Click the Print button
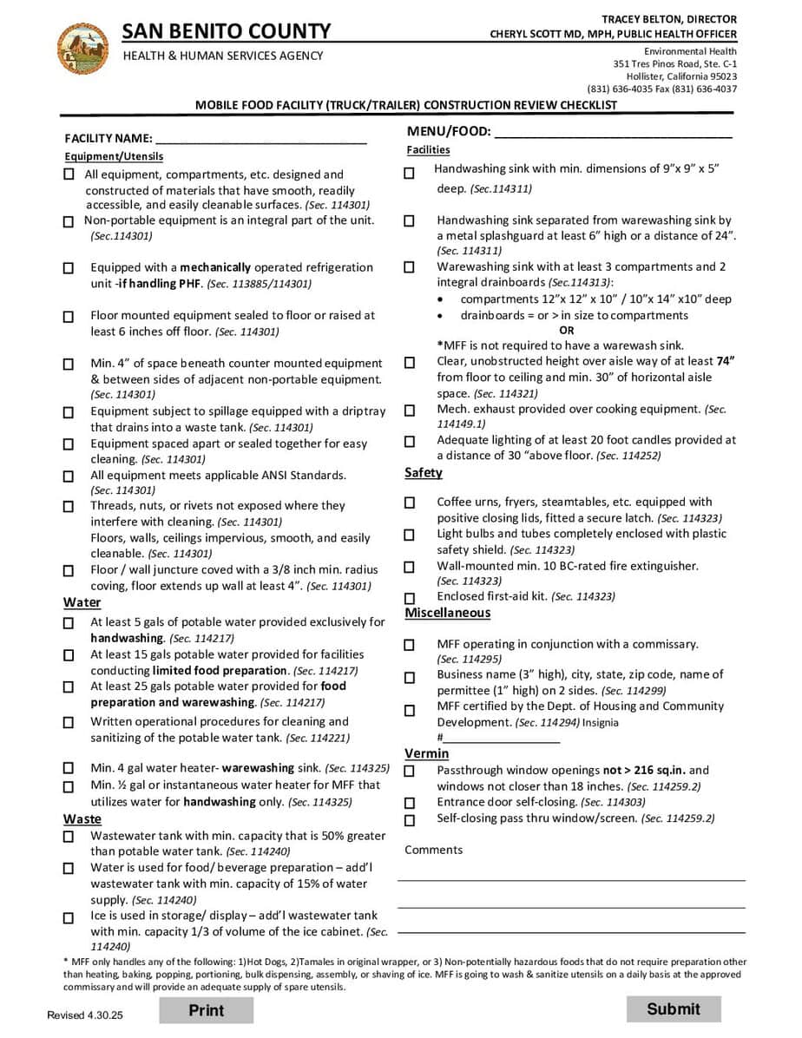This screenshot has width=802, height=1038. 206,1010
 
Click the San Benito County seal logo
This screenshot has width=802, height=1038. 82,49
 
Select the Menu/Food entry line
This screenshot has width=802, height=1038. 613,134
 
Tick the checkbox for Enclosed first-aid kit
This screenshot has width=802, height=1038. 410,598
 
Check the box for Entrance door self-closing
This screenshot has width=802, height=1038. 410,804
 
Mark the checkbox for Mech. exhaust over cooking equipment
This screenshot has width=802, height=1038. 410,411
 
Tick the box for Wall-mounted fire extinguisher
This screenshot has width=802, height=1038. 410,568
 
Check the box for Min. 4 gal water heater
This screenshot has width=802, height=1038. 69,769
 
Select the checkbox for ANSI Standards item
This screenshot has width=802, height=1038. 69,476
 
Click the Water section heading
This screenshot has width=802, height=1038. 82,603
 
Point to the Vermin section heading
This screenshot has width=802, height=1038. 426,753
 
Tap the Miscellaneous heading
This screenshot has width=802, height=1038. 447,613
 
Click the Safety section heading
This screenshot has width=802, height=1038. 424,473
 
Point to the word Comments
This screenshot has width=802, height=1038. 433,850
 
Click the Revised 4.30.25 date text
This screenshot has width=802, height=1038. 86,1015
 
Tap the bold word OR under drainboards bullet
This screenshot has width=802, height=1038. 567,331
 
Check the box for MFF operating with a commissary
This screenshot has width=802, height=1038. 410,646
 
